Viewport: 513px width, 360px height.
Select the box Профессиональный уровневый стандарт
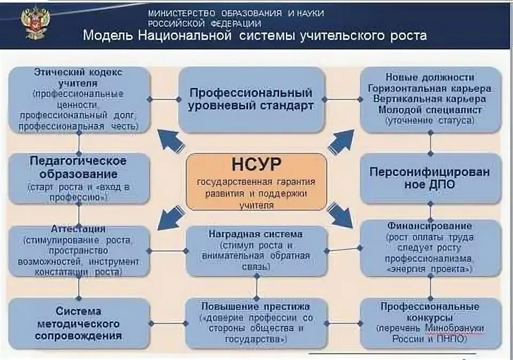(x=251, y=100)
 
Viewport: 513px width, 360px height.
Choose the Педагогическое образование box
(x=79, y=178)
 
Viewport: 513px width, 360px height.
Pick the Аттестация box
(x=79, y=250)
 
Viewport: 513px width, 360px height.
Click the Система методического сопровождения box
(x=79, y=323)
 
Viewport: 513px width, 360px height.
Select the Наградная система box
(x=256, y=250)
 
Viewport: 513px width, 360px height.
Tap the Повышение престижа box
(x=256, y=323)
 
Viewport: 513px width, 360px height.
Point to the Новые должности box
(x=430, y=100)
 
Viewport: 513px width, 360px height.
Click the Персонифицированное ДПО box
(x=430, y=178)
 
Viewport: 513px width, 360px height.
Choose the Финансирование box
(x=430, y=248)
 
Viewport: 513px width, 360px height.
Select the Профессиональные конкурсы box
(x=430, y=323)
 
